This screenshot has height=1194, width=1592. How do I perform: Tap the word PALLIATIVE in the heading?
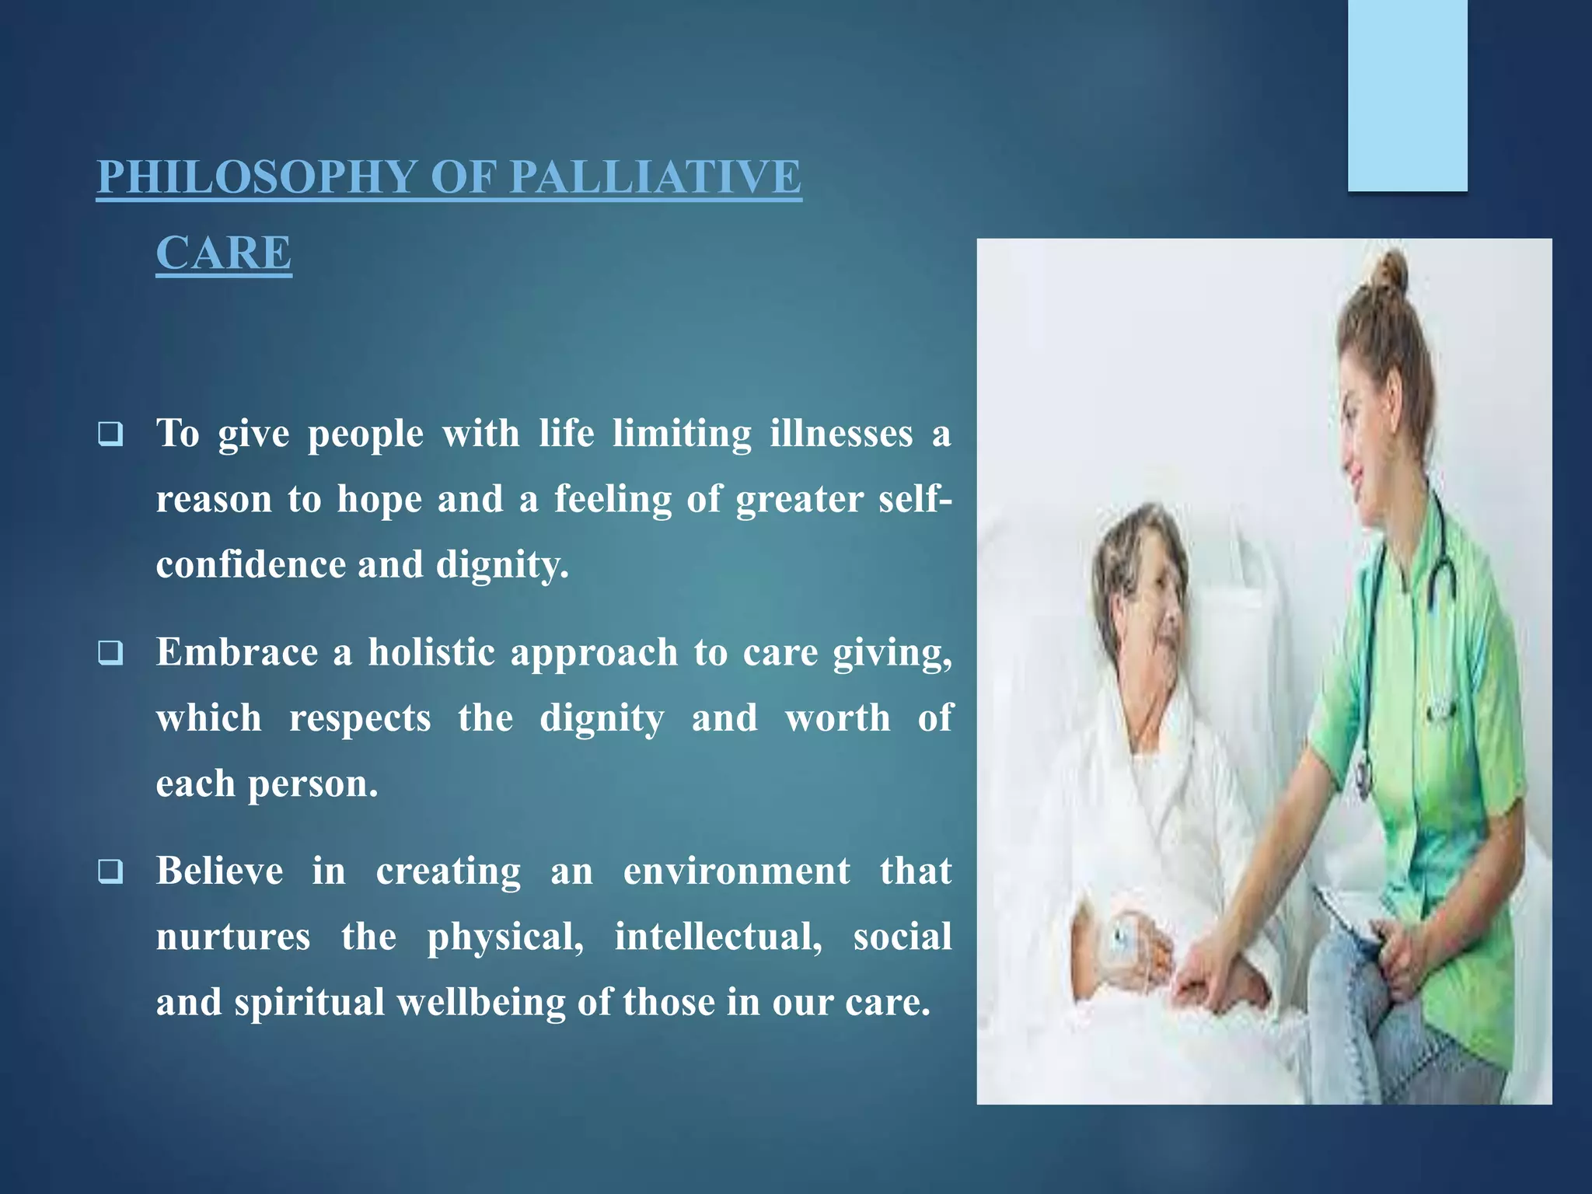655,177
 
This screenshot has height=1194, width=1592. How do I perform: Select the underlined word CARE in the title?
224,253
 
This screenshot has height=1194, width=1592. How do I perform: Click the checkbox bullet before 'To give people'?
110,435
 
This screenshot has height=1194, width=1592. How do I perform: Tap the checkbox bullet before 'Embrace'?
110,653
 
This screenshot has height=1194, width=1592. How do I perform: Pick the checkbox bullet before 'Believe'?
110,872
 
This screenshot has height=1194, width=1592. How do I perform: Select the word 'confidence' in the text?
250,564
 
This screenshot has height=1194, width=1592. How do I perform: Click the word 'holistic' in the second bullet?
431,652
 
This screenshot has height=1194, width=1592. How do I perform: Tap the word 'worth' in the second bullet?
837,717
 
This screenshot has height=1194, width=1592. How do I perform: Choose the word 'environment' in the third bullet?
736,871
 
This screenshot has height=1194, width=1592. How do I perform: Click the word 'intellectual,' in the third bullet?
717,937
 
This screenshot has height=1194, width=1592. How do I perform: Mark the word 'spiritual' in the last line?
309,1002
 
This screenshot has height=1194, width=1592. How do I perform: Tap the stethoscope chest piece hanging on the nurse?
1362,773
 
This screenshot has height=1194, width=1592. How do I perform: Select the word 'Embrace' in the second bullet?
237,652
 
